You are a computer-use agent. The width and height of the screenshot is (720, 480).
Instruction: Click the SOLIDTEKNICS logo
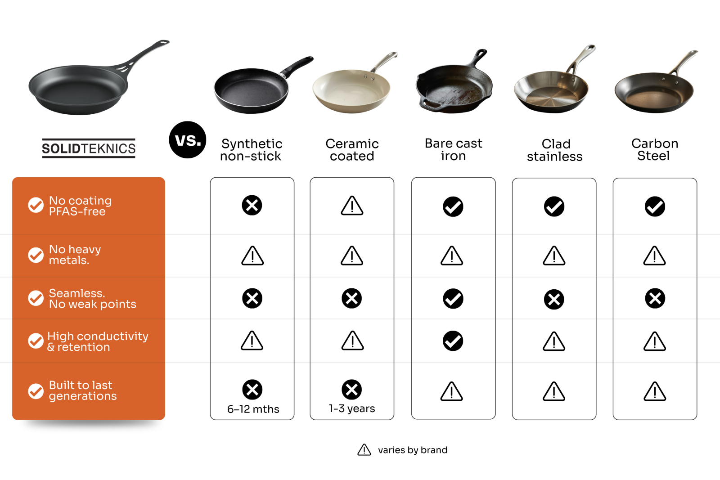coord(88,148)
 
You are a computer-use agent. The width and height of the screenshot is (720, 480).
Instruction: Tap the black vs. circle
coord(187,140)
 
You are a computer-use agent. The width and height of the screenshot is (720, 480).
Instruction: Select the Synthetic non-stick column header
coord(252,150)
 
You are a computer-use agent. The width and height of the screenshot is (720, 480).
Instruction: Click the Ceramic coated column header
coord(352,150)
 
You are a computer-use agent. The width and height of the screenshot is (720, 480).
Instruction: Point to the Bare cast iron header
coord(453,149)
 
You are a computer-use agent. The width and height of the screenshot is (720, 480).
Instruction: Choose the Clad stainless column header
coord(555,150)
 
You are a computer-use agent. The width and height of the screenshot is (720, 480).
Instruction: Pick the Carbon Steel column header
coord(654,149)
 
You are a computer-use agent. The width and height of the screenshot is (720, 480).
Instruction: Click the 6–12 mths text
coord(253,409)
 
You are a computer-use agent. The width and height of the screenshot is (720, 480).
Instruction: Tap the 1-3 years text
coord(352,408)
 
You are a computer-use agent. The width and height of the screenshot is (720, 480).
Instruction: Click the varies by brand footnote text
coord(412,450)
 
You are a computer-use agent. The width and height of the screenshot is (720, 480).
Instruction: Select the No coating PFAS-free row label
coord(81,206)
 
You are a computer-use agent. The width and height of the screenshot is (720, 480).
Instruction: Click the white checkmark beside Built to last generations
coord(36,391)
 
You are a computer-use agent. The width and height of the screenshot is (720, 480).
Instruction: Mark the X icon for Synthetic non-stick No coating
coord(252,205)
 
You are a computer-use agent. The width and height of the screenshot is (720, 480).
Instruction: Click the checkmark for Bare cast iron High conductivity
coord(453,341)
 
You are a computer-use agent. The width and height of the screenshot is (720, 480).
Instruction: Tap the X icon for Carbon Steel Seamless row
coord(655,298)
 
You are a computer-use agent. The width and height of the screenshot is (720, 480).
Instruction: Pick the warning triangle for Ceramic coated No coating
coord(352,206)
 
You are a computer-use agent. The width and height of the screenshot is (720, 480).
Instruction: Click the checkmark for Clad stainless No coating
coord(554,206)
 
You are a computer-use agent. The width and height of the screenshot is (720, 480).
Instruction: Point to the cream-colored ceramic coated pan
coord(352,91)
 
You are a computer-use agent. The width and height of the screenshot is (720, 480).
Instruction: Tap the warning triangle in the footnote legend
coord(364,450)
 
